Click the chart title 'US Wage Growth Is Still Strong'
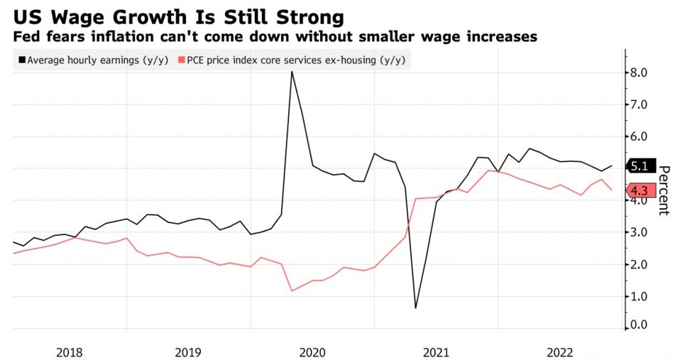pos(178,16)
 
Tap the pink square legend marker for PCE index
pos(182,60)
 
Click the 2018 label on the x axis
pos(70,351)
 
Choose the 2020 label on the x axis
pos(312,351)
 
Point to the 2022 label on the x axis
pos(559,351)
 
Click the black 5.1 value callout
pos(639,167)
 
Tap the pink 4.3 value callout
pos(639,190)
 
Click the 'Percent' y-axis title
pos(664,190)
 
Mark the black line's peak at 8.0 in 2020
pos(292,71)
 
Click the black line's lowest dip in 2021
pos(415,308)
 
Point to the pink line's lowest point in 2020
pos(292,290)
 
